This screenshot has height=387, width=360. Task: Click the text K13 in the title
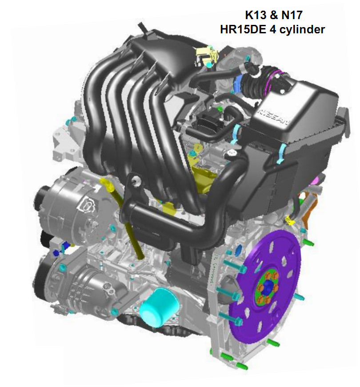pos(256,15)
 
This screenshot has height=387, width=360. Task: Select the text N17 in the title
pos(292,15)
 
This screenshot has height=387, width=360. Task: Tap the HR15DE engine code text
pos(243,29)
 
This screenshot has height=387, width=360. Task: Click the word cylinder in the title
pos(301,30)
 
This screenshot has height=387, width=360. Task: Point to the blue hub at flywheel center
pos(268,287)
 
